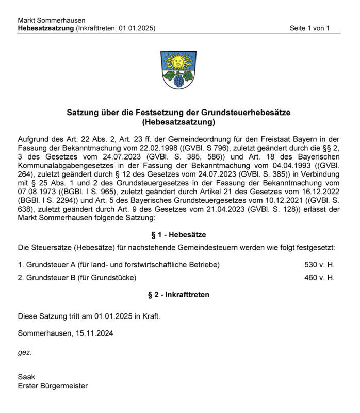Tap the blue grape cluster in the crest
coord(178,81)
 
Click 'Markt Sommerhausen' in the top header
coord(52,20)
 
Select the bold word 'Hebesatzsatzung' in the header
coord(45,28)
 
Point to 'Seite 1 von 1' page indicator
coord(309,28)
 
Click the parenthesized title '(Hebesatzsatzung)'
coord(178,122)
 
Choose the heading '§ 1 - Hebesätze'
coord(178,235)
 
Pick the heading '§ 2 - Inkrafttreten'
coord(178,295)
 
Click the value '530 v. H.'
coord(319,265)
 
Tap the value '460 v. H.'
coord(319,278)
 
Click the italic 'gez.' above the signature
coord(25,352)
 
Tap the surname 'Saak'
coord(26,377)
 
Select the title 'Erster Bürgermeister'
coord(53,386)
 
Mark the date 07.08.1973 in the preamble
coord(37,192)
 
